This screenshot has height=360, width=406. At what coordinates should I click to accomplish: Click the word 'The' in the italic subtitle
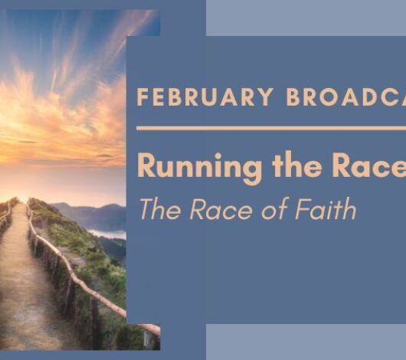(156, 209)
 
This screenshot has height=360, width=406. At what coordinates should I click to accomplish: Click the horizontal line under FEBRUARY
(268, 128)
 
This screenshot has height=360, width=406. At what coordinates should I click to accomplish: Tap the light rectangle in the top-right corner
(306, 17)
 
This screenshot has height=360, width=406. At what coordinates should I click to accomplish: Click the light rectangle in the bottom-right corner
(306, 342)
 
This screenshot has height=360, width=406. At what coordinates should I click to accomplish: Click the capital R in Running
(147, 166)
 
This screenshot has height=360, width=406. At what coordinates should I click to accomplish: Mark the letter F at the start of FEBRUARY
(142, 97)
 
